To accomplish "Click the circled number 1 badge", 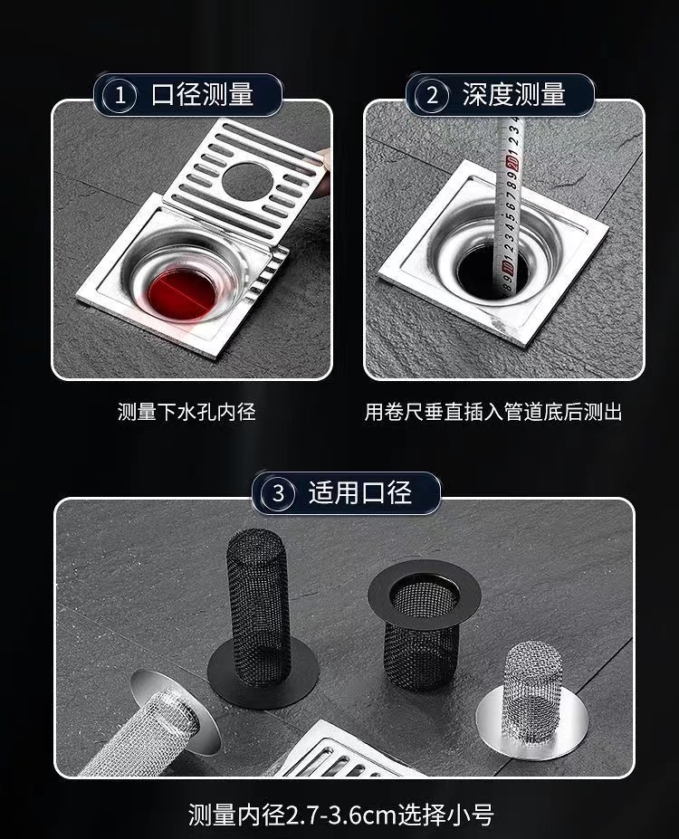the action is (x=120, y=96).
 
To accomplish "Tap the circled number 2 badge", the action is (x=433, y=96).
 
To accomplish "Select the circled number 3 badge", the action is (x=278, y=492).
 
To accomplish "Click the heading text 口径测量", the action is (x=202, y=95).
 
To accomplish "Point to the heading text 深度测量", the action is (x=514, y=95).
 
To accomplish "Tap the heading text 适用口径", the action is (x=360, y=492).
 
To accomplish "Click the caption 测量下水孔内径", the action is (x=186, y=412).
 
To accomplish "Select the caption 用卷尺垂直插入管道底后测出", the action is (x=493, y=412).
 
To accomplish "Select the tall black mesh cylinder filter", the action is (x=258, y=608).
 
